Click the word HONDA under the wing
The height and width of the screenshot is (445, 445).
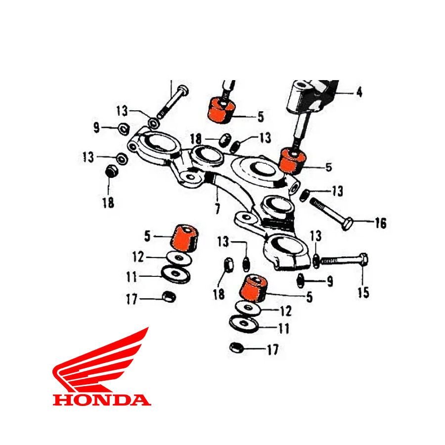point(101,400)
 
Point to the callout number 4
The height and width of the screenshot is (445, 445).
point(359,92)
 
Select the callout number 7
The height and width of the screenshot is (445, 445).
point(218,209)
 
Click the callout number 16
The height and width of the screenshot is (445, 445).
point(381,223)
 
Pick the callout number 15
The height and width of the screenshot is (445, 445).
point(363,293)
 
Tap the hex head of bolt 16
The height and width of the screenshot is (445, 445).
point(348,223)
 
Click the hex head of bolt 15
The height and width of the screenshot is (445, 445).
point(364,259)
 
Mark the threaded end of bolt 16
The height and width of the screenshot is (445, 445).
point(315,203)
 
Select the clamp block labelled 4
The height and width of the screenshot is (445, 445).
point(311,96)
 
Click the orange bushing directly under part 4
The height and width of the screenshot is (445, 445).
point(293,161)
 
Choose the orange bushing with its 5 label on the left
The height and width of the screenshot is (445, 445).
point(183,238)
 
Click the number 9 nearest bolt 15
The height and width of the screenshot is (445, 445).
point(330,281)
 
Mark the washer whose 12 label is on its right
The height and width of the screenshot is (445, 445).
point(249,308)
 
